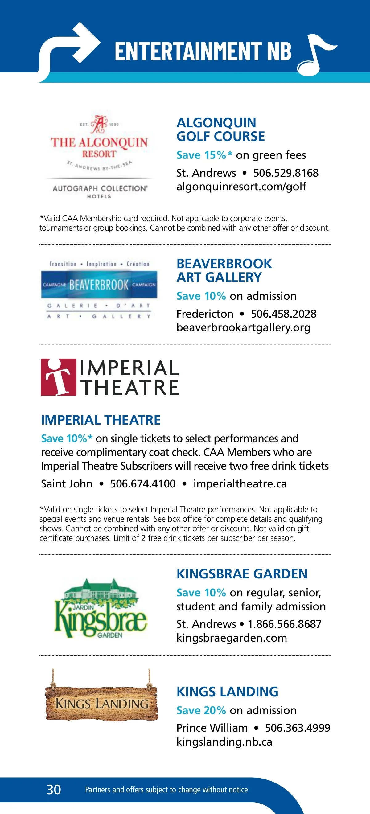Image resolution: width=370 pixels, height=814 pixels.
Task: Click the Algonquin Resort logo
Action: tap(99, 155)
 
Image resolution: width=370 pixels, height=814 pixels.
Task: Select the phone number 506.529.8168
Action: tap(286, 173)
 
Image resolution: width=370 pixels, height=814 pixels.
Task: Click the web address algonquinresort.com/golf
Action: tap(241, 187)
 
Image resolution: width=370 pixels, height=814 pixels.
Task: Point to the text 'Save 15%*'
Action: tap(204, 155)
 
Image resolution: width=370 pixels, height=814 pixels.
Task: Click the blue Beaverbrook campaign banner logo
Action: tap(99, 285)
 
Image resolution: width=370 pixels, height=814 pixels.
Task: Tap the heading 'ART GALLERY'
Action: tap(219, 277)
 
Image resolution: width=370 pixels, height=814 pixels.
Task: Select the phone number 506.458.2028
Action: tap(283, 314)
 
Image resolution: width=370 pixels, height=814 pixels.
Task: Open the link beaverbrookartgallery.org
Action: tap(243, 327)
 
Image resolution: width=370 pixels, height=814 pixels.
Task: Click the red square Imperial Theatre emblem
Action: tap(59, 377)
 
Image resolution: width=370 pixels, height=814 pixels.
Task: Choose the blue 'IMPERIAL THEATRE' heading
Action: tap(101, 420)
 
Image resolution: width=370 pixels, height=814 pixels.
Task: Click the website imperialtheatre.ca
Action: tap(240, 484)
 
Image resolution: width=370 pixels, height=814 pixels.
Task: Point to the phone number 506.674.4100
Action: tap(142, 484)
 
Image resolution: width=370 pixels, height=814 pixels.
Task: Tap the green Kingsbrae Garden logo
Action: tap(101, 608)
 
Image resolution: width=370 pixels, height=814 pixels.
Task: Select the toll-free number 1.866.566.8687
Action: tap(284, 624)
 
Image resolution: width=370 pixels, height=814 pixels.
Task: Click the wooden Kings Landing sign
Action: tap(101, 703)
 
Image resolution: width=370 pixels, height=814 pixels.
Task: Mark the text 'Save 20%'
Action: tap(201, 710)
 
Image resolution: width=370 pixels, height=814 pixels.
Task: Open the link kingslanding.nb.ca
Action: tap(224, 742)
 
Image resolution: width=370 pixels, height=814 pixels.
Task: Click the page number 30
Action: tap(54, 790)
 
